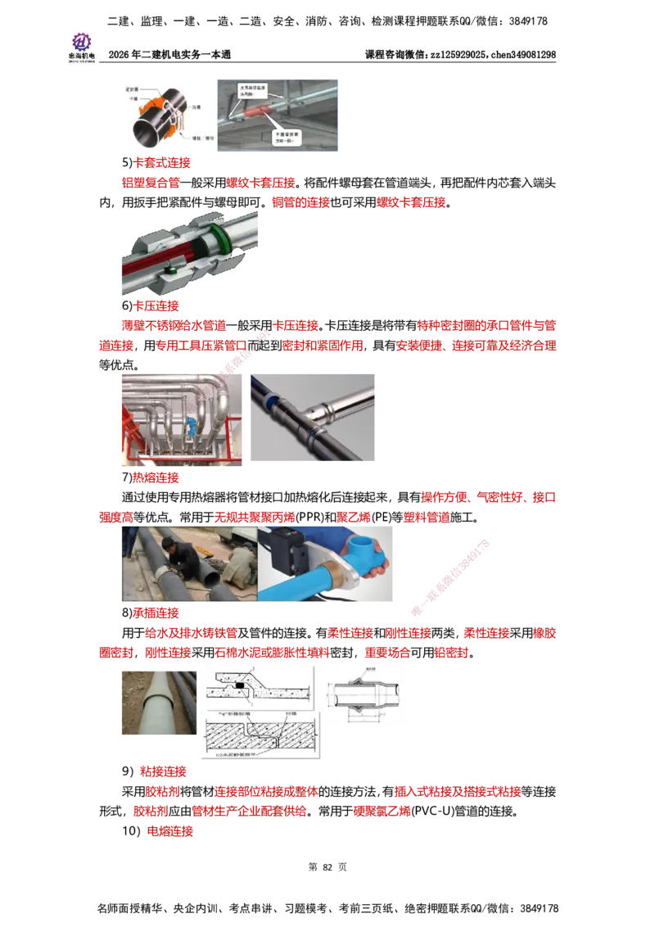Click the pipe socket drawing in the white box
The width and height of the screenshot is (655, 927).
point(366,694)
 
